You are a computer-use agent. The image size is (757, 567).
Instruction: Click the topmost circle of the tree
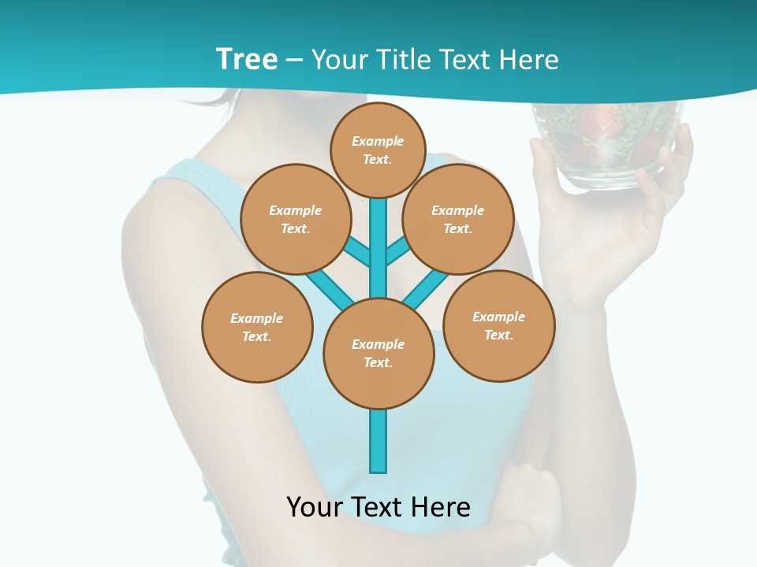[378, 150]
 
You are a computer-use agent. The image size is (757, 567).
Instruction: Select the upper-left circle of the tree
[295, 219]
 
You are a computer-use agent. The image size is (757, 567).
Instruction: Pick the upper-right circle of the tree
[458, 219]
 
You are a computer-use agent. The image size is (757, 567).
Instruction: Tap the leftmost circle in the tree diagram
[257, 327]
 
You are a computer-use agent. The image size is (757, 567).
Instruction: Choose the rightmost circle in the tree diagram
[499, 325]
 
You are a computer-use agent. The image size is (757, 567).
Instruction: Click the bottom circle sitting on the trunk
[378, 353]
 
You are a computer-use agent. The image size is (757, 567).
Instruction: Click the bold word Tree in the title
[247, 60]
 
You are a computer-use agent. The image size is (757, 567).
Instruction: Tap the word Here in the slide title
[530, 60]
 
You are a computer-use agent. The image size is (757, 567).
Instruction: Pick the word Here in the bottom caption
[442, 507]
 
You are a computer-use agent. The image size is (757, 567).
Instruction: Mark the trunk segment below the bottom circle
[378, 441]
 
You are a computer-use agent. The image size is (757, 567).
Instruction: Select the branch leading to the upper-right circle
[397, 251]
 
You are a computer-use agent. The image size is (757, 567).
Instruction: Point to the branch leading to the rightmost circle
[426, 287]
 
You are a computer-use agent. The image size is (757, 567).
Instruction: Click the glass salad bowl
[606, 146]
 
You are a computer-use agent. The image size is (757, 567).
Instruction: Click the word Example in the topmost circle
[378, 142]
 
